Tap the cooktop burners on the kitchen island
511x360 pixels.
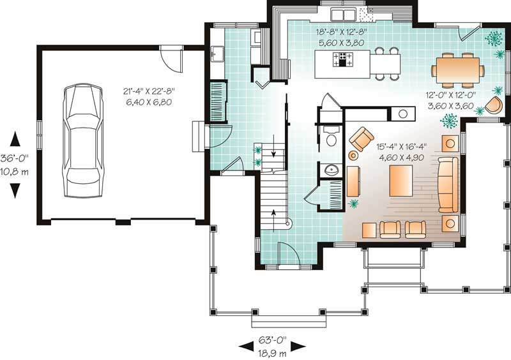(x=344, y=60)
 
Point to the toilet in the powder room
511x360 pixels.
(x=331, y=139)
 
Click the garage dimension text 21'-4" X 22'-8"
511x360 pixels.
(x=151, y=92)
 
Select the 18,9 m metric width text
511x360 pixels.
(x=273, y=350)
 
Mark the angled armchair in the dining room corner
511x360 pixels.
(x=493, y=104)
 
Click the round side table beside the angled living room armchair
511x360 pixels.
(x=353, y=155)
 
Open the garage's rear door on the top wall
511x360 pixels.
(x=171, y=59)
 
